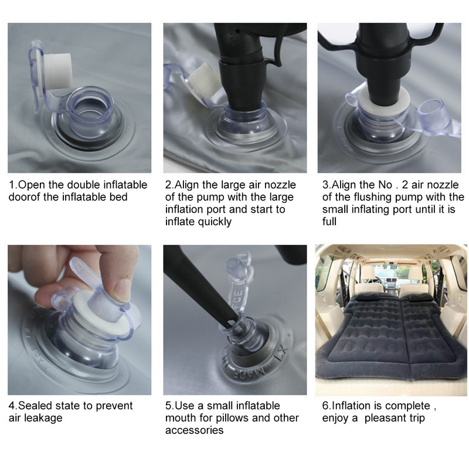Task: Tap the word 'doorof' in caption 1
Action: [25, 197]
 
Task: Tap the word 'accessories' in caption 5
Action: [194, 430]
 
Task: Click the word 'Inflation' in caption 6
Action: [352, 406]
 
